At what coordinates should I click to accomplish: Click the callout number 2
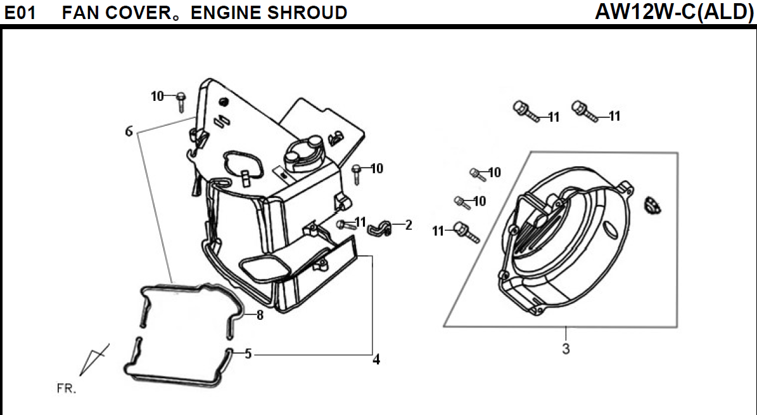[408, 225]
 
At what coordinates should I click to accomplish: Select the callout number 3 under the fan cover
[566, 348]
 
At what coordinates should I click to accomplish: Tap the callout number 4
[376, 360]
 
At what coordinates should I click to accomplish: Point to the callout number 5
[248, 354]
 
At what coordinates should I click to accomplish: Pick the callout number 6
[129, 131]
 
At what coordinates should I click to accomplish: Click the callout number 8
[259, 315]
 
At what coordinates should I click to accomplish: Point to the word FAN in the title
[80, 12]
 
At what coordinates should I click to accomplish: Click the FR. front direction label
[66, 388]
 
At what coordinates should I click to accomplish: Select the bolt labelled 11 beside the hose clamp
[343, 225]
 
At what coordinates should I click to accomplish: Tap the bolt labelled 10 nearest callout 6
[181, 99]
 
